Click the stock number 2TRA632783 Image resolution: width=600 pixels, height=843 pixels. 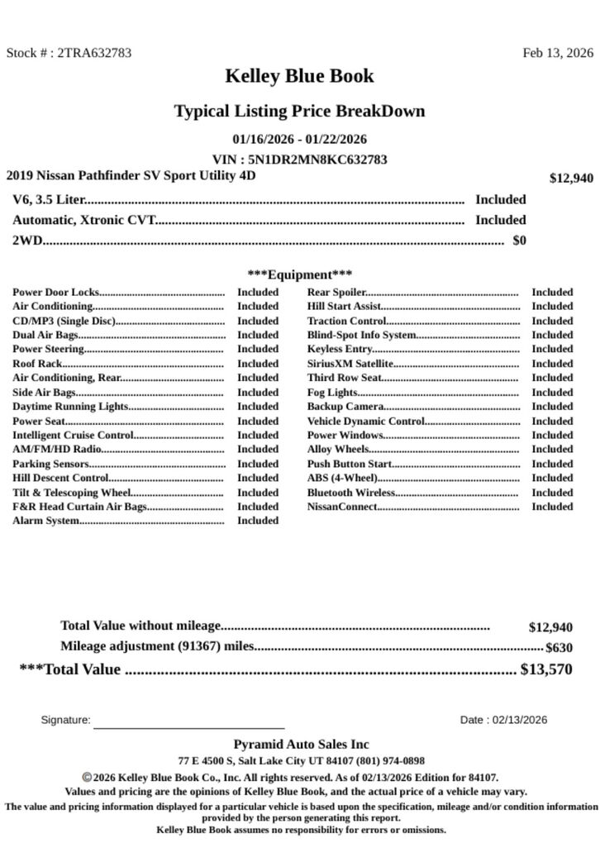[93, 53]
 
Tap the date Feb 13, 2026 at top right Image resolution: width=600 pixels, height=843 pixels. [557, 53]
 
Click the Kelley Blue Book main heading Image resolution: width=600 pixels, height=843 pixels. [299, 76]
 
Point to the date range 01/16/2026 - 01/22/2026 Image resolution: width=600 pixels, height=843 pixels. [299, 139]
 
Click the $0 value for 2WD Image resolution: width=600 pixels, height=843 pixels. [519, 241]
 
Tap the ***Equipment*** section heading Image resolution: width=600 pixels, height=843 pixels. [299, 274]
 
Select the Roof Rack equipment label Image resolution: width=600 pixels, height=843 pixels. [37, 364]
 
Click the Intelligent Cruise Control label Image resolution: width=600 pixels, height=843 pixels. [73, 435]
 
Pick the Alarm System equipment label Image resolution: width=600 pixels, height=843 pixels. [45, 521]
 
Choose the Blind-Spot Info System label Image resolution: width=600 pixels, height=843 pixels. [361, 335]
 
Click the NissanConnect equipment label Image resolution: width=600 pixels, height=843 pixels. [342, 507]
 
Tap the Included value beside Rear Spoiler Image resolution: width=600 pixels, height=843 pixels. [551, 292]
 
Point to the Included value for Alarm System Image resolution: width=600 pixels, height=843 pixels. [258, 521]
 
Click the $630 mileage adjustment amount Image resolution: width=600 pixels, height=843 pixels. [559, 648]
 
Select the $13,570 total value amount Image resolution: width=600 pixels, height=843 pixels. [545, 669]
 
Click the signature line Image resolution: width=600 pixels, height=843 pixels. [188, 727]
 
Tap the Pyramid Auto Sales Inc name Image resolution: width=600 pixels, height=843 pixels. [301, 744]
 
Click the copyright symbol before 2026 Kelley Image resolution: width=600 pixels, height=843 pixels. [87, 777]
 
